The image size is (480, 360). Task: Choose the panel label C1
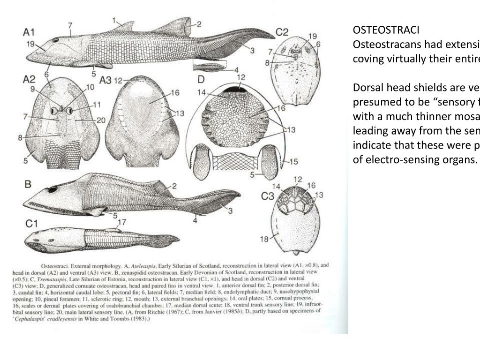pyautogui.click(x=31, y=224)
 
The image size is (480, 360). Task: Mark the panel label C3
pyautogui.click(x=268, y=196)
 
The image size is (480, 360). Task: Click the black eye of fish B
pyautogui.click(x=52, y=189)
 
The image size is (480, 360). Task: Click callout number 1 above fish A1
pyautogui.click(x=114, y=20)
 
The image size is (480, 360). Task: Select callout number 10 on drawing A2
pyautogui.click(x=90, y=87)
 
